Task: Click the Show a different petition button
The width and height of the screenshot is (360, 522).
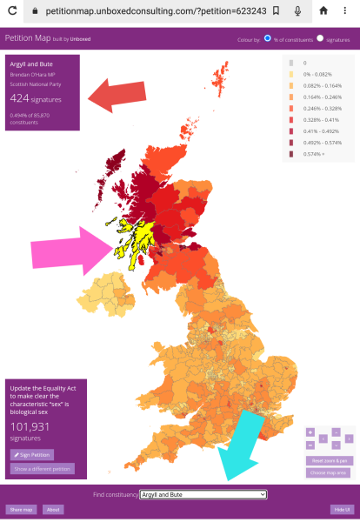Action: pyautogui.click(x=43, y=468)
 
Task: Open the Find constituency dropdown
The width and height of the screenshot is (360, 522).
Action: pyautogui.click(x=203, y=494)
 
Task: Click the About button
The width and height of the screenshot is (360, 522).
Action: pyautogui.click(x=52, y=509)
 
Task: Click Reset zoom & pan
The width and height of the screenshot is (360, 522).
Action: pyautogui.click(x=329, y=460)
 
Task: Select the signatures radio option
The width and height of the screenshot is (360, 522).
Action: pyautogui.click(x=320, y=39)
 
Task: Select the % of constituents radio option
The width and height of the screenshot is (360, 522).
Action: pyautogui.click(x=268, y=39)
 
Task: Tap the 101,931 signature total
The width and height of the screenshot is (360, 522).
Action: pyautogui.click(x=30, y=426)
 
